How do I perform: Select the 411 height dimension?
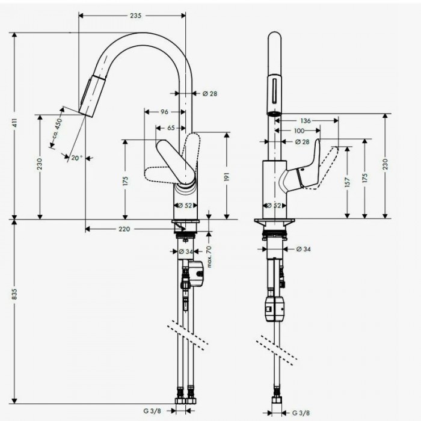[x=13, y=123]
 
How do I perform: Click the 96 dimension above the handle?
[x=164, y=112]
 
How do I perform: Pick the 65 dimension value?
[x=171, y=128]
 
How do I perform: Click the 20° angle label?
[x=76, y=158]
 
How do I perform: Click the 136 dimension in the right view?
[x=305, y=121]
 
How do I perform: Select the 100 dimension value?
[x=299, y=131]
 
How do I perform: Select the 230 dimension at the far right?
[x=385, y=164]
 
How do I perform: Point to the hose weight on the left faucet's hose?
[x=197, y=274]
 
